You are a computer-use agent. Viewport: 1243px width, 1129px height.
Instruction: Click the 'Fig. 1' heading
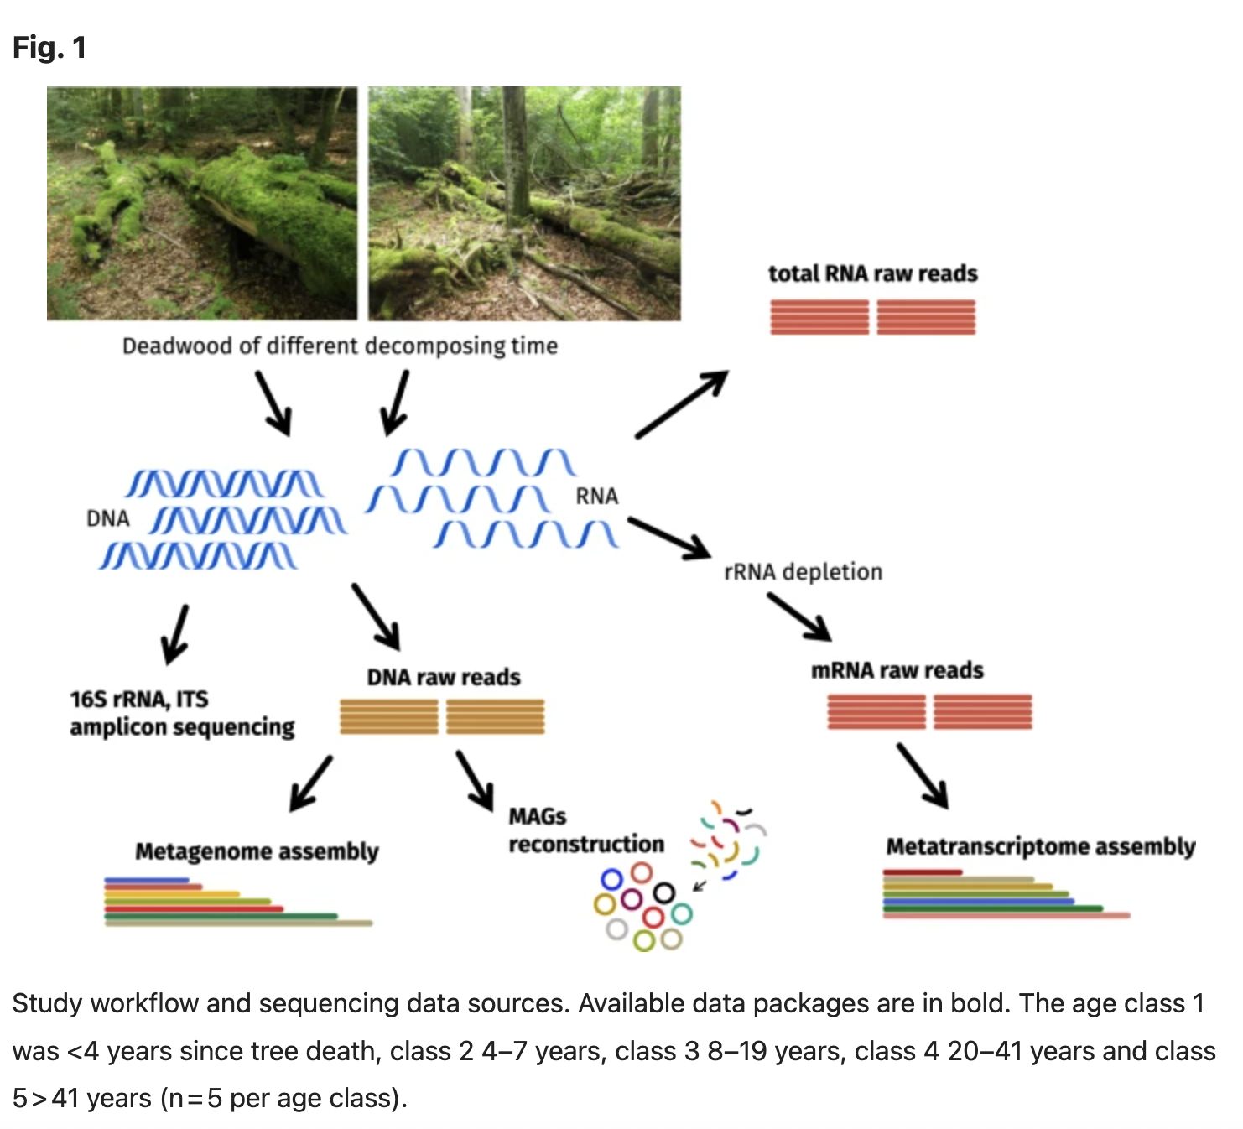49,48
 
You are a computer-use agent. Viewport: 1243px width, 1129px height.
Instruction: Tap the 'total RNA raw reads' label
872,273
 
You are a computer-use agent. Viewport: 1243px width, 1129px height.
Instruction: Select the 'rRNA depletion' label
803,572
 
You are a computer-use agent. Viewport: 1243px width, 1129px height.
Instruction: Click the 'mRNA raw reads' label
897,670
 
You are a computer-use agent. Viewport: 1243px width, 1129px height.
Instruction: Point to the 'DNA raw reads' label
443,677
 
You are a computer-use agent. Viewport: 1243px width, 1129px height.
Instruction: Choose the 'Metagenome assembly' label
257,851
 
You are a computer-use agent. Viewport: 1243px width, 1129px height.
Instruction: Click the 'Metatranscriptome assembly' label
1040,846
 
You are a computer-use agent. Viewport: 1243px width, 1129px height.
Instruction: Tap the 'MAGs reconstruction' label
585,830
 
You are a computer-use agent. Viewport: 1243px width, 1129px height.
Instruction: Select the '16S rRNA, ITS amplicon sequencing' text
182,713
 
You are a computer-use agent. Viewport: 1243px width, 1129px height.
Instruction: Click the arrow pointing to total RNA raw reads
681,404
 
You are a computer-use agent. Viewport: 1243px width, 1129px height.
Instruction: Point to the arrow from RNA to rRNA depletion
669,537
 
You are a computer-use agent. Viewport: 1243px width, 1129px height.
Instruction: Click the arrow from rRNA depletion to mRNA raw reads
798,617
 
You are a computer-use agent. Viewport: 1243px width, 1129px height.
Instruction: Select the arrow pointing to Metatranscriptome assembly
923,776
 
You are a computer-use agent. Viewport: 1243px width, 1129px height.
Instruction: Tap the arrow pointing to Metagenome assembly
310,783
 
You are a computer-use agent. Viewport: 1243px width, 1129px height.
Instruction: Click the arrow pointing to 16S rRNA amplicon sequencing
175,634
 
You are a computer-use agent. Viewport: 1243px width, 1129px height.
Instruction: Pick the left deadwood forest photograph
202,203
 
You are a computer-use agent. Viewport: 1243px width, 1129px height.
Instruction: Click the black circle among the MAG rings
663,893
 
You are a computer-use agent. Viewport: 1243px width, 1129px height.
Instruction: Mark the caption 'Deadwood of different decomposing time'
340,346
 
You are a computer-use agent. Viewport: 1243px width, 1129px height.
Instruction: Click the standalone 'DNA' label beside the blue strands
108,519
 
